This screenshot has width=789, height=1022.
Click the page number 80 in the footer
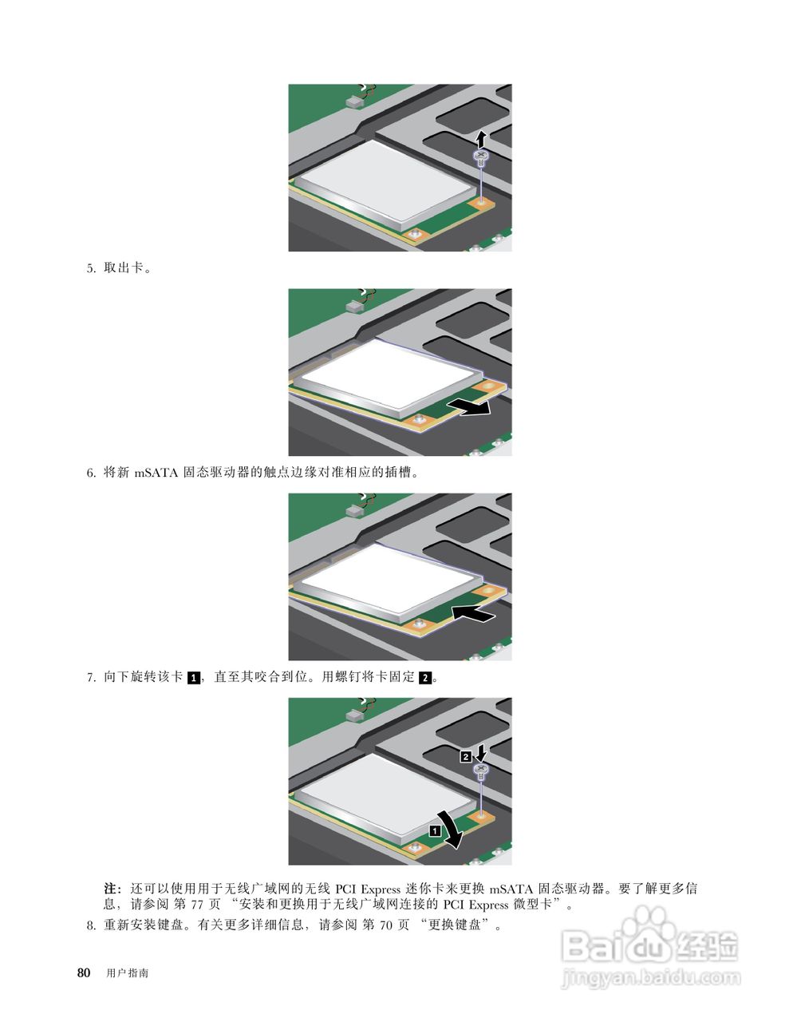tap(83, 972)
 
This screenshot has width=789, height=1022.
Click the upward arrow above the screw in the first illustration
tap(481, 137)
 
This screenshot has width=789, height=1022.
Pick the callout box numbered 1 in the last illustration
tap(434, 830)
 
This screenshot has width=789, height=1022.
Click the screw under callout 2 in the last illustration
tap(481, 771)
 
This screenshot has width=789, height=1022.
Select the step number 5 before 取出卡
tap(90, 268)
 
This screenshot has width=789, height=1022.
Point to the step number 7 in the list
tap(90, 677)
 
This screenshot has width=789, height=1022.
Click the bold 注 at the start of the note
tap(112, 888)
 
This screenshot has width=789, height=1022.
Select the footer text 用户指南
tap(127, 973)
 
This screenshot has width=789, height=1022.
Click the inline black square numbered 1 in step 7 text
tap(194, 678)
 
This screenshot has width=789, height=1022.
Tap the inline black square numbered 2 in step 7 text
tap(425, 678)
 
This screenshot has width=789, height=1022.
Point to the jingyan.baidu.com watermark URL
tap(651, 976)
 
